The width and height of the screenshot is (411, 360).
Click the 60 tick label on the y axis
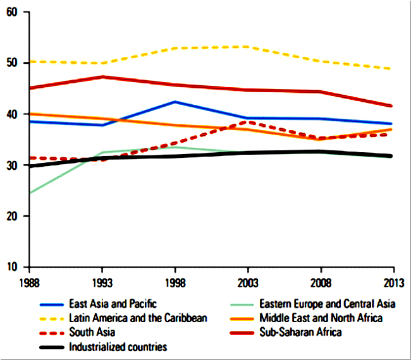click(11, 12)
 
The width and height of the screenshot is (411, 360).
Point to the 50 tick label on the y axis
click(11, 63)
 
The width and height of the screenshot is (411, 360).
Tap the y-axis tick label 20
click(11, 216)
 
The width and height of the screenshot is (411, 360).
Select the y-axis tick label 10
click(11, 267)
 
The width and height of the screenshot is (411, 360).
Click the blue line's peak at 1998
click(175, 102)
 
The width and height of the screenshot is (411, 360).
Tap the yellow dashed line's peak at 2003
click(247, 47)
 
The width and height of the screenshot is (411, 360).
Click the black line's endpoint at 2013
click(391, 155)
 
